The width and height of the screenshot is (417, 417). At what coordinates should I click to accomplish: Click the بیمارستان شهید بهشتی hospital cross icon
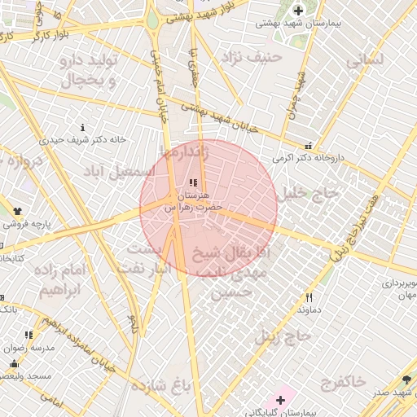click(299, 11)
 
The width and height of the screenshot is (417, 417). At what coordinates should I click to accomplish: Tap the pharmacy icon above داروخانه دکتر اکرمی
click(306, 144)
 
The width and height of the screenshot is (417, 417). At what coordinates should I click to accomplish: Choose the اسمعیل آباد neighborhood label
click(117, 172)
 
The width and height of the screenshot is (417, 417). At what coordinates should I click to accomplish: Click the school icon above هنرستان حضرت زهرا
click(193, 183)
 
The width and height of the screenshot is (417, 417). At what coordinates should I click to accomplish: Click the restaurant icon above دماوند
click(308, 298)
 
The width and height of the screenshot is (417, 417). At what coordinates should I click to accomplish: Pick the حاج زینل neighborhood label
click(283, 335)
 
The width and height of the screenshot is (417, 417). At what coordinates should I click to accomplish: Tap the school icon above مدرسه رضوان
click(29, 335)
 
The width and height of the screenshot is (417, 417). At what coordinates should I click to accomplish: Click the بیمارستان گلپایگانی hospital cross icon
click(281, 399)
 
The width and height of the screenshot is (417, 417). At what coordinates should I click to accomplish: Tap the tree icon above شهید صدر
click(406, 380)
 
